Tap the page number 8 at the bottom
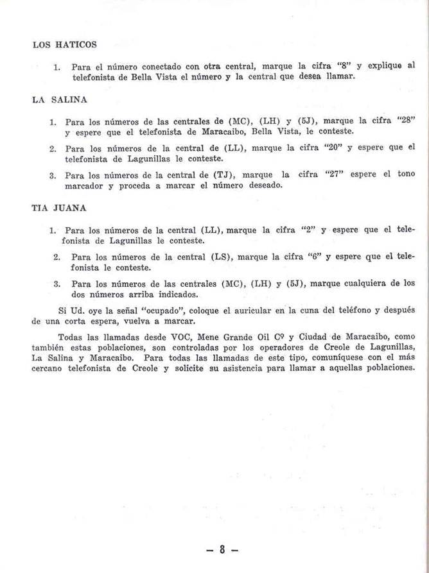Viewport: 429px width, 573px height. click(223, 549)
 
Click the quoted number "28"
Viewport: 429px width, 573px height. click(408, 119)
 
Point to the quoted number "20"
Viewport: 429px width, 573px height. click(335, 148)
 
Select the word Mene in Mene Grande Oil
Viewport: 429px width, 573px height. click(190, 337)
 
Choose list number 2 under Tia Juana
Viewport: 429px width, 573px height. click(57, 257)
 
